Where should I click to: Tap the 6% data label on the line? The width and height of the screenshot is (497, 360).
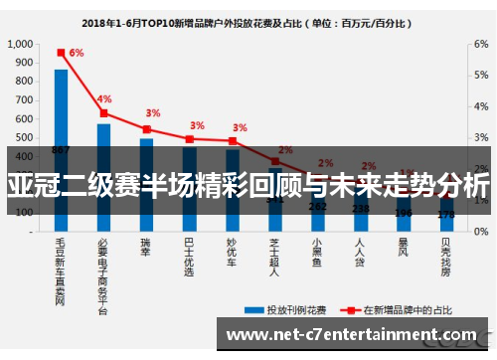[x=77, y=53]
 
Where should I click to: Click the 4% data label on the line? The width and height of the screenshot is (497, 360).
[x=104, y=99]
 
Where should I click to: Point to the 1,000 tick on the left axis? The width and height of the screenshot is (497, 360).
[x=20, y=45]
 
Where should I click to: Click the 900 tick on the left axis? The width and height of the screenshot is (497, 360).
[x=24, y=64]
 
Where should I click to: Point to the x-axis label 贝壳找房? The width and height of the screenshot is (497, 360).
[x=446, y=257]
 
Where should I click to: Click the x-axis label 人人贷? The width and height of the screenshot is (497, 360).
[x=360, y=253]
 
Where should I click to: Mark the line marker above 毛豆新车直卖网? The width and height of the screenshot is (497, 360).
[x=61, y=52]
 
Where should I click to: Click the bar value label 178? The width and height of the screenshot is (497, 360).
[x=446, y=214]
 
